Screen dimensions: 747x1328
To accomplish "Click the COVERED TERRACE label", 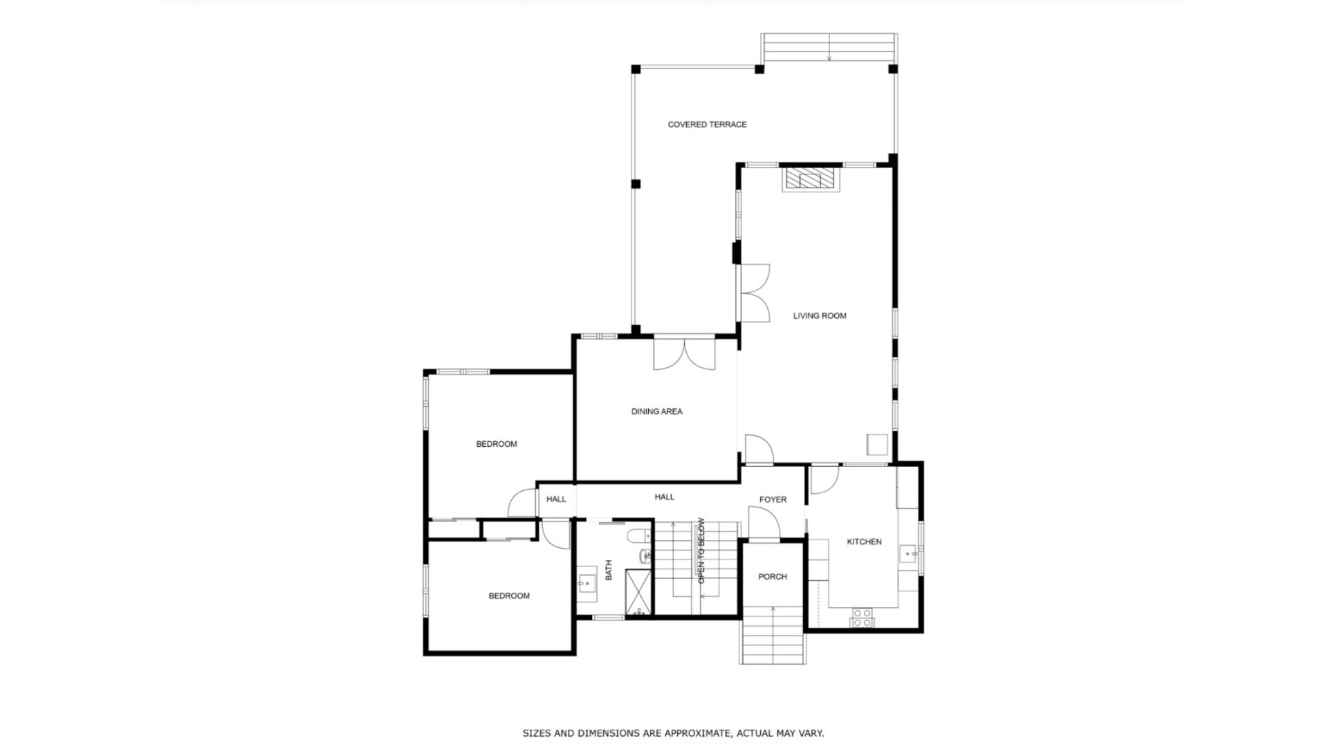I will coord(707,124).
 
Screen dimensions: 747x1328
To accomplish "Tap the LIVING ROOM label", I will coord(820,315).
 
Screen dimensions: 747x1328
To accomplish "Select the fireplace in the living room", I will coord(811,179).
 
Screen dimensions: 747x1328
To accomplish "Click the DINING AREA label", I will coord(656,412).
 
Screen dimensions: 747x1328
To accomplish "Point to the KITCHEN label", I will coord(864,542).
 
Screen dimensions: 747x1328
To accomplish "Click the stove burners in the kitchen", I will coord(862,618).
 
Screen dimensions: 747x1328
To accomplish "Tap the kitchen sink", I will coord(907,554).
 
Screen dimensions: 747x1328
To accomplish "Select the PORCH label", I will coord(772,576).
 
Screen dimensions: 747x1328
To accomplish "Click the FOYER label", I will coord(773,499).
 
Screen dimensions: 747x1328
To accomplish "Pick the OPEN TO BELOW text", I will coord(701,551).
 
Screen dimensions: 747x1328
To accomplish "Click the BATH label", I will coord(609,570).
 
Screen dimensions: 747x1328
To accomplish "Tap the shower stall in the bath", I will coord(638,592).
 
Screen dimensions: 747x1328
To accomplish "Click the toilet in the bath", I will coord(638,535).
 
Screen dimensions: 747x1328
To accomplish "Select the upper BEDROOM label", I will coord(496,444).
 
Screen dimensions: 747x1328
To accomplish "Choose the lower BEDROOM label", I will coord(509,596).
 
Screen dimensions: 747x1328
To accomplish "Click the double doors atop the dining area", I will coord(684,353).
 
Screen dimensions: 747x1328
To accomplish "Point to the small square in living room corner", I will coord(877,444).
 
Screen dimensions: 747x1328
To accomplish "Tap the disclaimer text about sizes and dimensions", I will coord(673,733).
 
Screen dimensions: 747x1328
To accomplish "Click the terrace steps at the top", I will coord(829,47).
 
